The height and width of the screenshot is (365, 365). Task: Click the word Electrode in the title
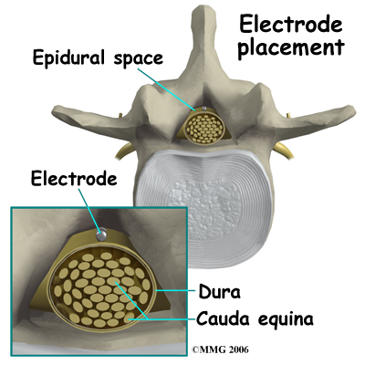point(291,25)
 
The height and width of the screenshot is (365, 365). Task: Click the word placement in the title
point(291,48)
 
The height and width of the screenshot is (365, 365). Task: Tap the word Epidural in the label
point(69,57)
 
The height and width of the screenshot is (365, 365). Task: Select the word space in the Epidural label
point(139,58)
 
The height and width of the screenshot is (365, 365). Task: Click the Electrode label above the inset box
point(74,178)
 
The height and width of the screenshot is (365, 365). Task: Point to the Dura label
point(219,291)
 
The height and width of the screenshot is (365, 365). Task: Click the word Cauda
point(223,318)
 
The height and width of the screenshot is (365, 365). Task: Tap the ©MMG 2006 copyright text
point(220,349)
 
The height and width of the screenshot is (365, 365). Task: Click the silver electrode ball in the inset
point(101,235)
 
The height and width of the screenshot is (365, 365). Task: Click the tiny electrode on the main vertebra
point(204,109)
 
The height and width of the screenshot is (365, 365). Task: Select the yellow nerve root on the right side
point(283,151)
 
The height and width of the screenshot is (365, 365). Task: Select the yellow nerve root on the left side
point(124,151)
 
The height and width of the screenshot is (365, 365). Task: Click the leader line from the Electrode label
point(89,210)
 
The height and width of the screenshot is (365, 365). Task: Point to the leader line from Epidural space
point(166,89)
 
